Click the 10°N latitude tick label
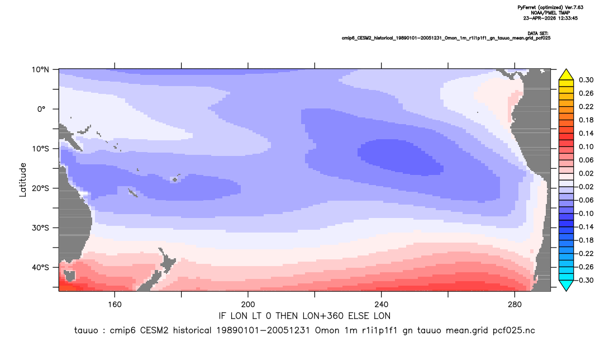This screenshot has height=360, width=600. tap(40, 70)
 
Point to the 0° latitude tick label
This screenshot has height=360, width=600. tap(41, 109)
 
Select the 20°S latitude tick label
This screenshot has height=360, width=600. tap(40, 188)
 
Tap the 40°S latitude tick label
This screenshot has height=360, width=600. tap(40, 267)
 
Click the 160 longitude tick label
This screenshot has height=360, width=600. tap(115, 305)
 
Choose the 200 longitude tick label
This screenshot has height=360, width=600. tap(248, 305)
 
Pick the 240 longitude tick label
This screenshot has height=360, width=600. tap(381, 305)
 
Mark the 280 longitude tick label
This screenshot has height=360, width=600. tap(515, 305)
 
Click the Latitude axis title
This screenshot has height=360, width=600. tap(23, 180)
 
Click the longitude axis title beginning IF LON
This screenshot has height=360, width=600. tap(304, 316)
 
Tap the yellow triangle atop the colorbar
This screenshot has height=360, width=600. tap(566, 75)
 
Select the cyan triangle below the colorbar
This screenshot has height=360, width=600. tap(566, 286)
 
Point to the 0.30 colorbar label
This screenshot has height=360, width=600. tap(586, 80)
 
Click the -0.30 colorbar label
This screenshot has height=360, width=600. tap(584, 280)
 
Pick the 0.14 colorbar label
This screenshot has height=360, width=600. tap(586, 133)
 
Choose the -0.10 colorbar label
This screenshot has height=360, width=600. tap(584, 214)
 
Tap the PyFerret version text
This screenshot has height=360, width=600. tap(550, 8)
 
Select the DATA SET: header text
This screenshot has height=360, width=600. tap(537, 34)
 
